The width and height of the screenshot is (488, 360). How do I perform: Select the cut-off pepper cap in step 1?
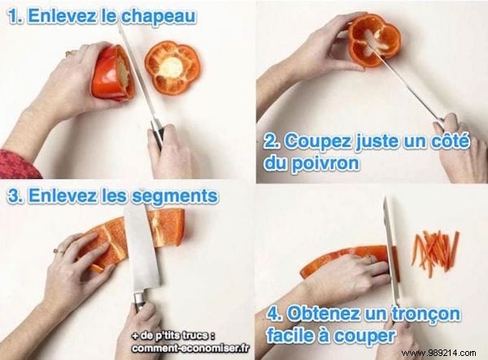pyautogui.click(x=172, y=66)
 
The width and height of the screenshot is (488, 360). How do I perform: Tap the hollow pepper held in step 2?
pyautogui.click(x=373, y=39)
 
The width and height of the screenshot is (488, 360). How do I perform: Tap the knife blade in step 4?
pyautogui.click(x=391, y=236)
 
